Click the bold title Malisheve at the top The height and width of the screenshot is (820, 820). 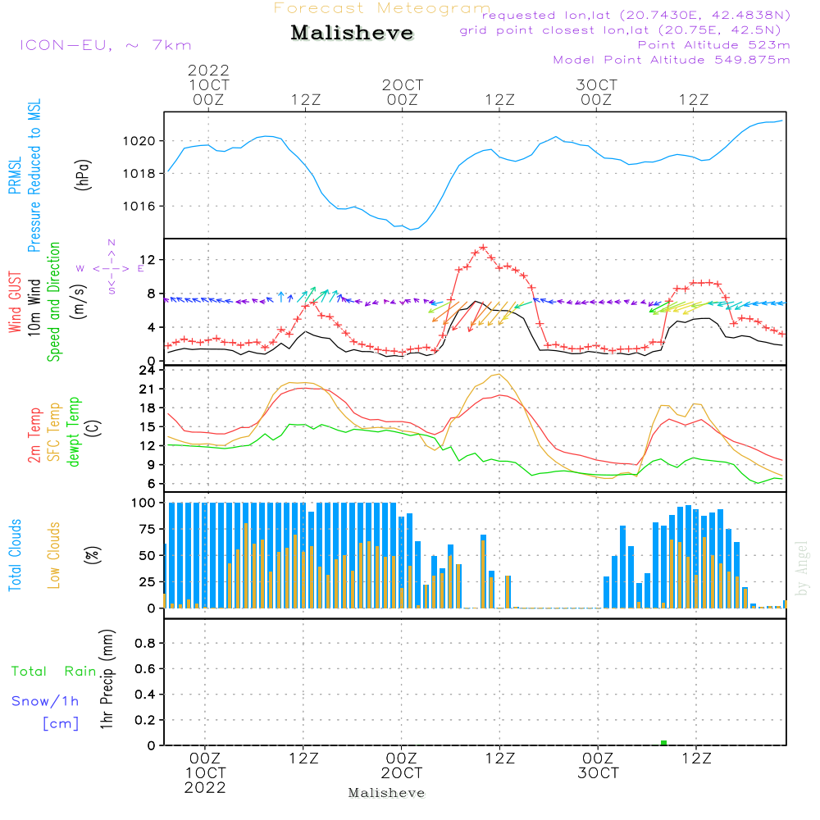tap(352, 34)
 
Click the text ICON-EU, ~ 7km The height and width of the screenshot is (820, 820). tap(105, 45)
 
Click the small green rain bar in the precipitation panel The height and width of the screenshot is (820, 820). tap(663, 743)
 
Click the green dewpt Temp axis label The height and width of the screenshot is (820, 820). tap(74, 432)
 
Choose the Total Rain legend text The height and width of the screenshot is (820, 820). tap(54, 672)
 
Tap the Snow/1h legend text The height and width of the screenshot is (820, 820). tap(46, 701)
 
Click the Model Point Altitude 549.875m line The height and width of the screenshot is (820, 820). tap(672, 60)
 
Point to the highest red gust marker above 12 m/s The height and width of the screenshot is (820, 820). tap(484, 247)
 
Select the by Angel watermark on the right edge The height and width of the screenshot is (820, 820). tap(802, 568)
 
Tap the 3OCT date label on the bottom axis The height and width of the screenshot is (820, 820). tap(598, 773)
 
